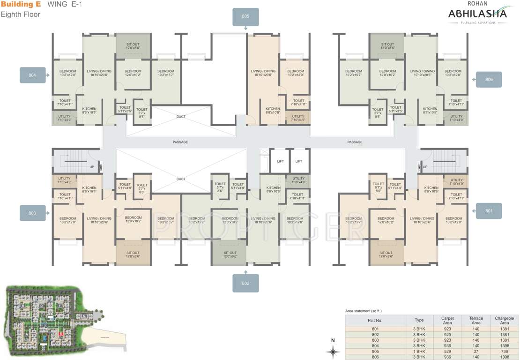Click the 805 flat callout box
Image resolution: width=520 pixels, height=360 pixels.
[245, 16]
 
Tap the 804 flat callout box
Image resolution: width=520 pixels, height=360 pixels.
[32, 75]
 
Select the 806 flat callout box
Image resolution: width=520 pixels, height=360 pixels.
[489, 80]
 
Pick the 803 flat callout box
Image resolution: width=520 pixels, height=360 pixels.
[32, 213]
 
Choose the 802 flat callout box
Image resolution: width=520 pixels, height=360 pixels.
[245, 283]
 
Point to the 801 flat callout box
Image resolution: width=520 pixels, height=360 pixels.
[489, 211]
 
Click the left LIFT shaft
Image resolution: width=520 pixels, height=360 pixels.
[280, 161]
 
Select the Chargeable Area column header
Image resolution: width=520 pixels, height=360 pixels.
[504, 321]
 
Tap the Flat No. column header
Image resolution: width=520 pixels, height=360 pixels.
[375, 321]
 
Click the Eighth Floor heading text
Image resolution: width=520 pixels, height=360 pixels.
[21, 15]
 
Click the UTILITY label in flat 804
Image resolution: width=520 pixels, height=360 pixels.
[64, 118]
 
